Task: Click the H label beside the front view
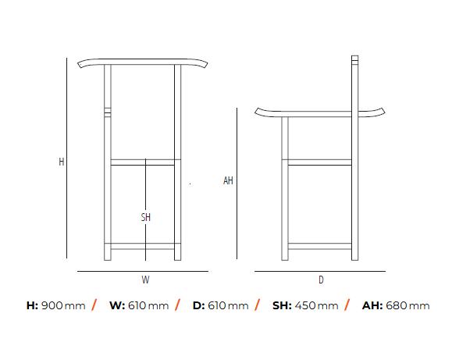62,162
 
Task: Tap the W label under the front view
145,280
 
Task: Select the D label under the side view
321,280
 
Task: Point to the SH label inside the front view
146,217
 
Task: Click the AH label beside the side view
228,180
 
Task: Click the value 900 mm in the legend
63,305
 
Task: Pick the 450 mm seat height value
316,305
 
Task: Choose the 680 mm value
408,305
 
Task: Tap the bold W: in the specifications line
117,305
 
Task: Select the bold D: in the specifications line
199,305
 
